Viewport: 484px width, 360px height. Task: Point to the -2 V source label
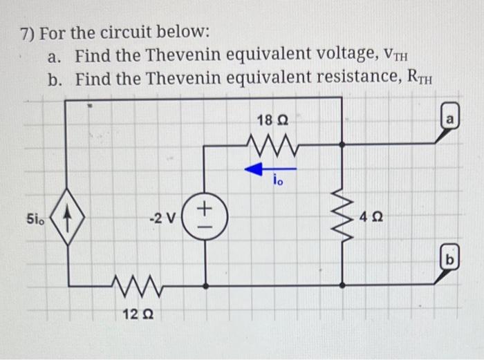click(x=163, y=220)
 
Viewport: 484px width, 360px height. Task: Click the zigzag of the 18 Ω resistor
click(x=272, y=144)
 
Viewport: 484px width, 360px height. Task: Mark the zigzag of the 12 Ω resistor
click(x=135, y=283)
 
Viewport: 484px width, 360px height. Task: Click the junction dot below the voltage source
click(x=205, y=284)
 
